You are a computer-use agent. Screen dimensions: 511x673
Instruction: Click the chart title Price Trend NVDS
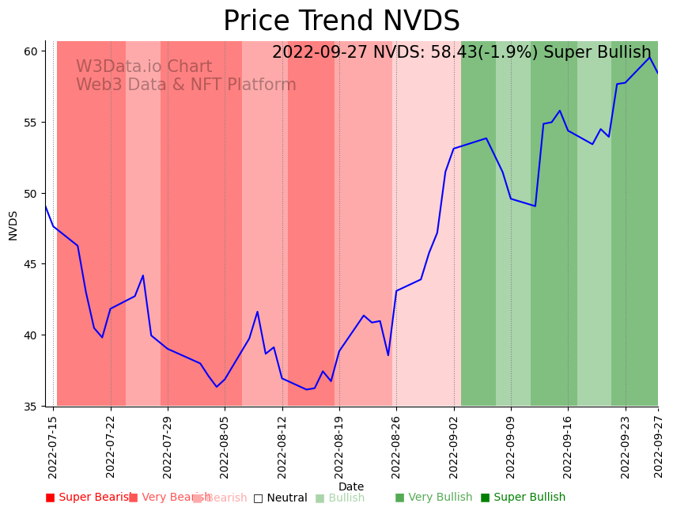[341, 21]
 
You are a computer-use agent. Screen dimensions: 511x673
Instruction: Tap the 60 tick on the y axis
[31, 51]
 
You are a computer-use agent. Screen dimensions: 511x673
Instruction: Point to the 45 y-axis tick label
[31, 264]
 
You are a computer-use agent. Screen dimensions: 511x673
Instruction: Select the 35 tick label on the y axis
[31, 407]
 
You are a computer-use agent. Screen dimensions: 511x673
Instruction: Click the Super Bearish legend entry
[89, 498]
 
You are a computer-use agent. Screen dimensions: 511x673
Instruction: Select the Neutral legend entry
[280, 498]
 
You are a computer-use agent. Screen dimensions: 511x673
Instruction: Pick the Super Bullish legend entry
[523, 498]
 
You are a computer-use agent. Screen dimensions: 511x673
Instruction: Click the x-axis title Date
[351, 486]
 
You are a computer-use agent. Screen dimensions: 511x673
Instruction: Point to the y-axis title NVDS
[13, 225]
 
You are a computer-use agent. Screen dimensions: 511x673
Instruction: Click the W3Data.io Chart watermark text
[144, 67]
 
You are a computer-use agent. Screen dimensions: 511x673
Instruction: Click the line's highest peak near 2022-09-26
[649, 57]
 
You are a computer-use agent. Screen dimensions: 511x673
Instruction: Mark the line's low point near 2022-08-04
[217, 387]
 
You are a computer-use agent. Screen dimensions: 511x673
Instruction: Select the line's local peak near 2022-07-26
[143, 275]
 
